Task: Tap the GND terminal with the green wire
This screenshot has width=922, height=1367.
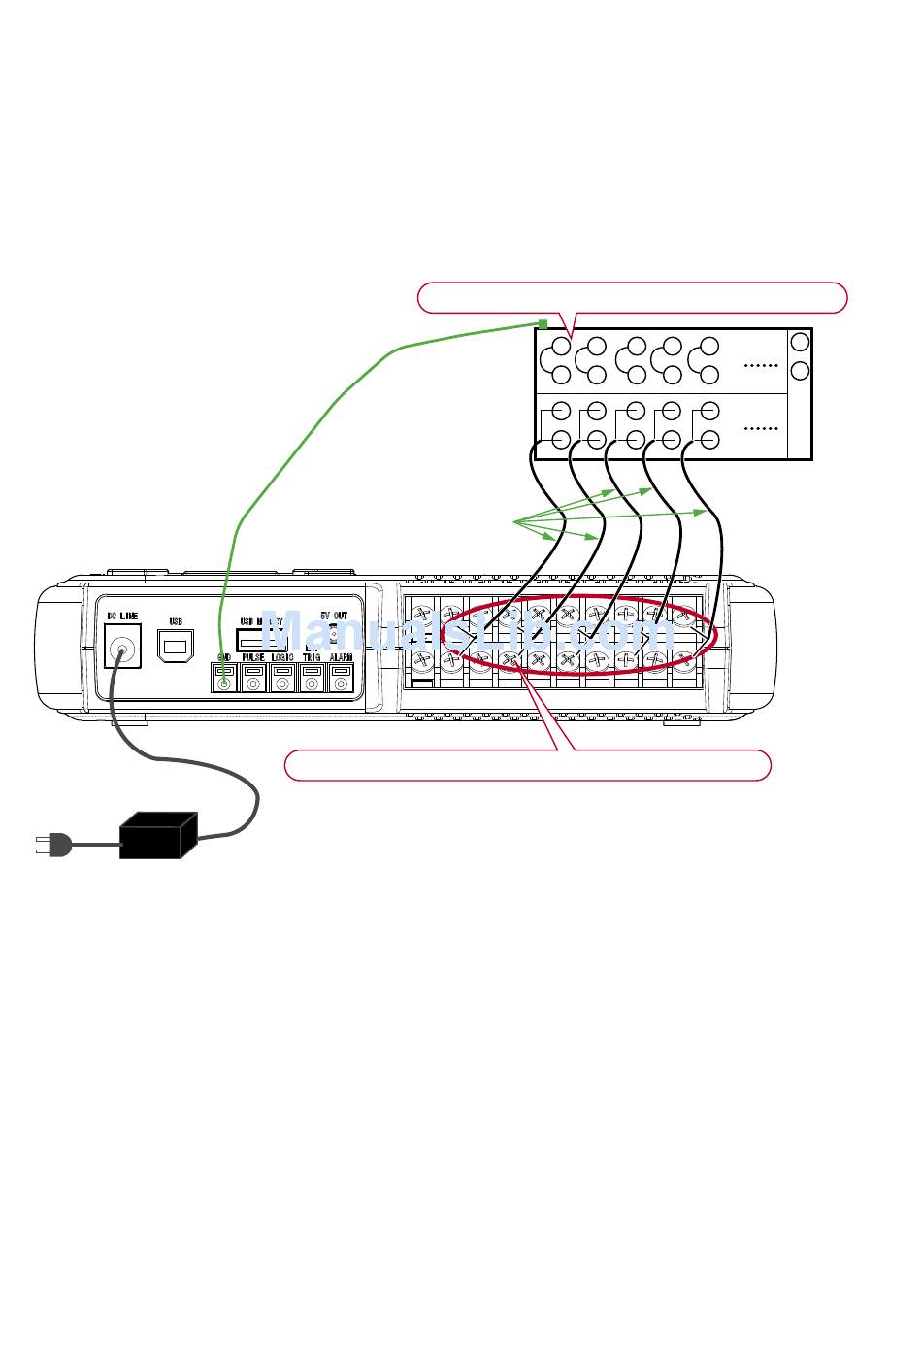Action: (224, 682)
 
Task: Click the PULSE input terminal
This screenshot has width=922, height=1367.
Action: (253, 682)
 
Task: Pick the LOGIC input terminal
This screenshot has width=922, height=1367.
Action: (282, 682)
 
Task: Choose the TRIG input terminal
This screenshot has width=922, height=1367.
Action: (312, 682)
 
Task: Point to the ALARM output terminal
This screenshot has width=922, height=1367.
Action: (341, 682)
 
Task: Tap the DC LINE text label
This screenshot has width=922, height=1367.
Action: (122, 617)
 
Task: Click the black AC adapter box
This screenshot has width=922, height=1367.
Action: (157, 835)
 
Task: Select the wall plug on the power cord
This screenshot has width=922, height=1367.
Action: (53, 845)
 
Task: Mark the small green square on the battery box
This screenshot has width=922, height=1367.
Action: (543, 324)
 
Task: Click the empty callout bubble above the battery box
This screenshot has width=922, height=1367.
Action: (632, 297)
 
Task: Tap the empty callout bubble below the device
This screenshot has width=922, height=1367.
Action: (527, 765)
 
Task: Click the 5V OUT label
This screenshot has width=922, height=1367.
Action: (334, 617)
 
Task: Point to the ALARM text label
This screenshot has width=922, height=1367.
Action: (341, 658)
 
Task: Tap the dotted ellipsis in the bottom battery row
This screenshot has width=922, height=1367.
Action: (760, 428)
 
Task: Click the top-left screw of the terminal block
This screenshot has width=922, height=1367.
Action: (422, 615)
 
